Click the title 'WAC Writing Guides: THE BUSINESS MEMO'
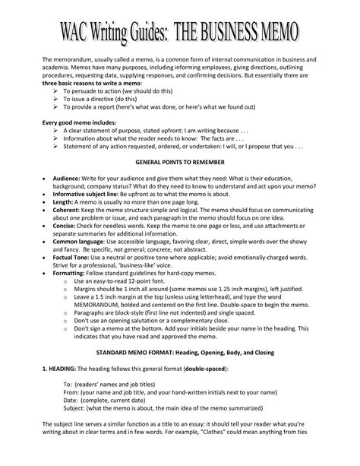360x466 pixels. (x=180, y=32)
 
